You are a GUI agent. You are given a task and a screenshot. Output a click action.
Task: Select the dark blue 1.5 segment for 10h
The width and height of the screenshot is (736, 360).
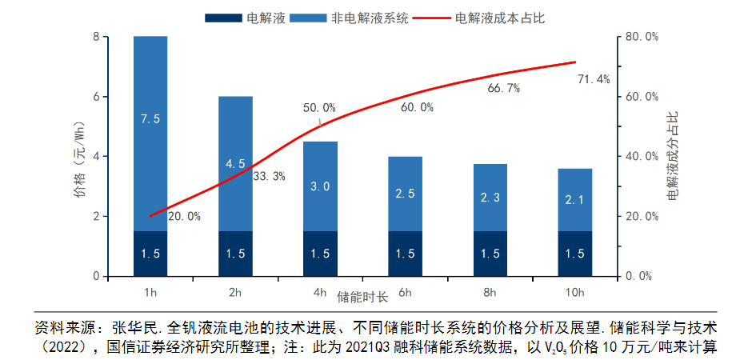pos(574,254)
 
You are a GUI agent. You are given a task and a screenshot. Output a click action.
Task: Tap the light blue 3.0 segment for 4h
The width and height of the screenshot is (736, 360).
pos(320,186)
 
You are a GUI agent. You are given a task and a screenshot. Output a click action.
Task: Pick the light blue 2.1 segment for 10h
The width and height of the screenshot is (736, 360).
pos(574,200)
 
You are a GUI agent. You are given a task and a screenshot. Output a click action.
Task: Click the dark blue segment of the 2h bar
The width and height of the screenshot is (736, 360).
pos(235,254)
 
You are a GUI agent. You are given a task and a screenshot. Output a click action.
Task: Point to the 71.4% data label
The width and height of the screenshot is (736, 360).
pos(594,79)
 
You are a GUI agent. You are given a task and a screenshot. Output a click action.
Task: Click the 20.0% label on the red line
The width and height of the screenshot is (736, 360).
pos(184,217)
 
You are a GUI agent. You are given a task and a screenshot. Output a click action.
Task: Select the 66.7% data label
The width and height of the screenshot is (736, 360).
pos(504,88)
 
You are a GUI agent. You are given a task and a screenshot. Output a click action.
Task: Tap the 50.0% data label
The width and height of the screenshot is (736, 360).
pos(319,108)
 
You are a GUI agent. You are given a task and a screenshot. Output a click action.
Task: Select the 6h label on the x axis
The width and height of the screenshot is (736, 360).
pos(405,292)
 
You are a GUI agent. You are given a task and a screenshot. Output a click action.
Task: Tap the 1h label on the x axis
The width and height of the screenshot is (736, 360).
pos(150,292)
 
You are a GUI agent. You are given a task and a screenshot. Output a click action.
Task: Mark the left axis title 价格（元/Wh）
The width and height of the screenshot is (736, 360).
pos(78,157)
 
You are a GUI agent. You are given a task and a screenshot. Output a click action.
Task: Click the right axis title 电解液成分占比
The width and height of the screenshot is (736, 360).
pos(674,157)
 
